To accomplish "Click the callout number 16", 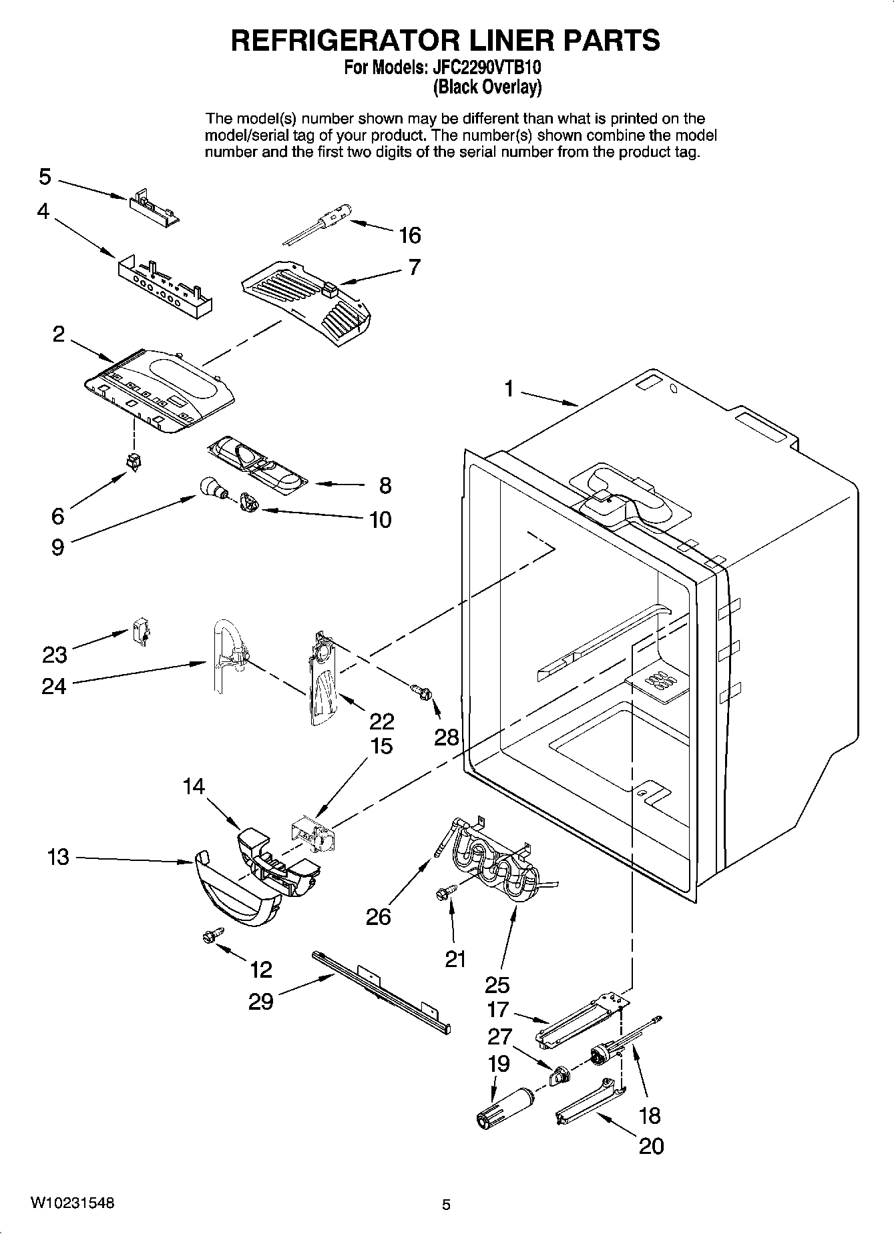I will pos(410,235).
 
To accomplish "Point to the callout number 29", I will pos(261,1002).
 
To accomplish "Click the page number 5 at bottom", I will pos(447,1205).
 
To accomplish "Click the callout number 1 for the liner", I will pos(509,388).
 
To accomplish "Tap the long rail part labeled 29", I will pos(381,994).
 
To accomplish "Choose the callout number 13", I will pos(59,857).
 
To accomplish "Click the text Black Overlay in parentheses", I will pos(487,87).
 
